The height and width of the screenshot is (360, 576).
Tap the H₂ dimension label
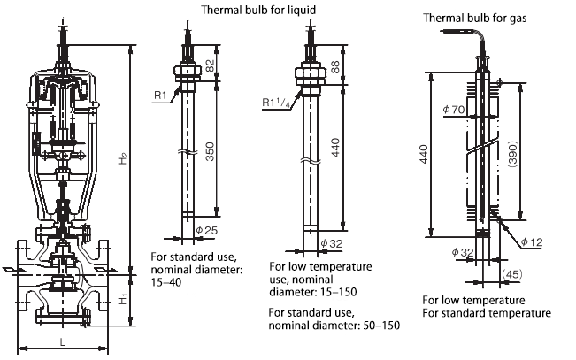pos(125,158)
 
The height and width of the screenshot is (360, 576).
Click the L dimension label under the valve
pos(61,340)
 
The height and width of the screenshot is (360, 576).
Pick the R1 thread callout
pos(158,92)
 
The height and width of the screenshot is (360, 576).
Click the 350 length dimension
pos(208,152)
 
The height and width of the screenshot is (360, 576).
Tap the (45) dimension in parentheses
pos(511,275)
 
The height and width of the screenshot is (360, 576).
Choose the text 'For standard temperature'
pos(486,313)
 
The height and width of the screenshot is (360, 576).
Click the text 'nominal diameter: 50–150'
pos(334,325)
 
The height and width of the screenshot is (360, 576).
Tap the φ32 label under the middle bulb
pos(329,243)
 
